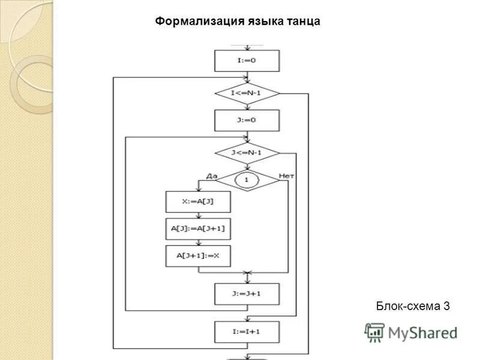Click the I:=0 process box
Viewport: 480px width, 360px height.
coord(247,61)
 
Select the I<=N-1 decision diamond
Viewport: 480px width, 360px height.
coord(247,94)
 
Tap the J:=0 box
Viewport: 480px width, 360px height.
coord(247,120)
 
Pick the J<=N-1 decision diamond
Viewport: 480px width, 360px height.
coord(247,152)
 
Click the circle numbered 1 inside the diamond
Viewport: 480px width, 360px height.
coord(247,179)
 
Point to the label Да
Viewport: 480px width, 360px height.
coord(211,175)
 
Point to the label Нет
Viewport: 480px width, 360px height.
coord(286,175)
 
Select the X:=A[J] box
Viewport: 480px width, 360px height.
coord(198,202)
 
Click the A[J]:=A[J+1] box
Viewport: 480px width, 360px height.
coord(198,229)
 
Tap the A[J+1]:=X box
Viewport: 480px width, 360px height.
coord(198,256)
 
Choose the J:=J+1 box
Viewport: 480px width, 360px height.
coord(247,294)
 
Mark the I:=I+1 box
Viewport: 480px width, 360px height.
coord(247,332)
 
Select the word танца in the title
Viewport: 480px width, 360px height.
coord(304,22)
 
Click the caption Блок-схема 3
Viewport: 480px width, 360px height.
coord(413,307)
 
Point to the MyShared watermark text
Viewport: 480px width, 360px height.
coord(422,332)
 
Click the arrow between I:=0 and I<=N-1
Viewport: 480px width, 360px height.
coord(247,77)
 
